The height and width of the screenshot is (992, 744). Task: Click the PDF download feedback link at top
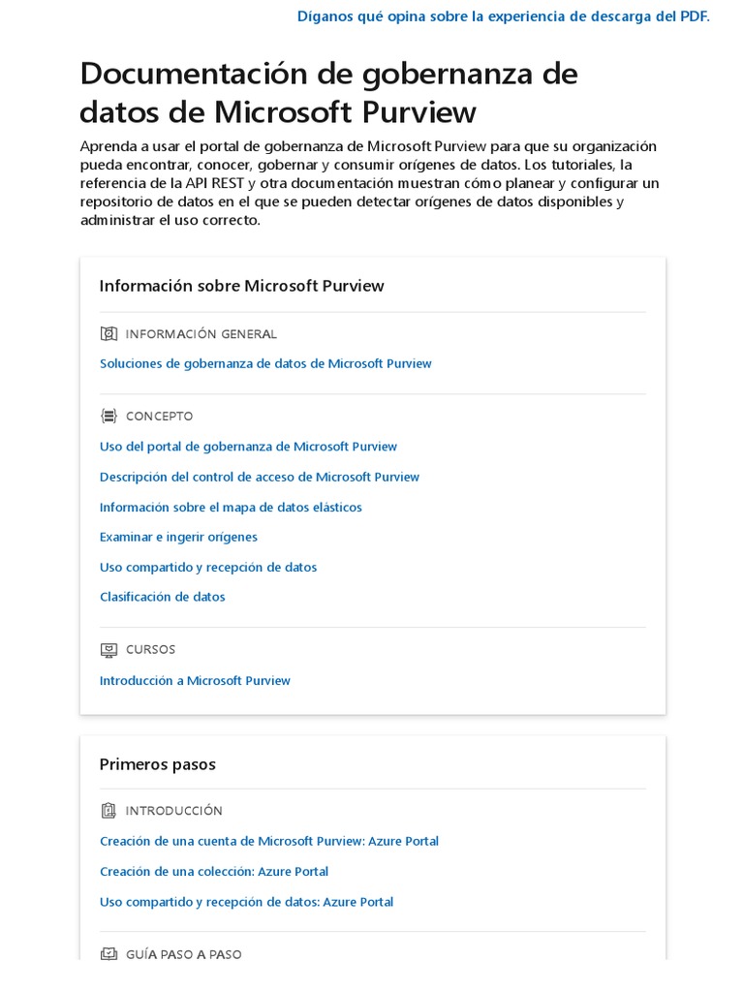(x=503, y=16)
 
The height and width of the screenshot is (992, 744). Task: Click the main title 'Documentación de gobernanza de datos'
(x=328, y=93)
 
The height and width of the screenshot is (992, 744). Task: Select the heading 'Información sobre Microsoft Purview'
(x=241, y=286)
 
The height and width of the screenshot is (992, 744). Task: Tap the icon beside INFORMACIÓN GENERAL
(x=108, y=334)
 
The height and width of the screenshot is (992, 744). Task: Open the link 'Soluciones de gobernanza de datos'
(x=265, y=363)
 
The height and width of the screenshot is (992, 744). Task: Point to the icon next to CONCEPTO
(x=108, y=417)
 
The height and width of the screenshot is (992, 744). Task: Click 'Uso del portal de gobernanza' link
(x=248, y=447)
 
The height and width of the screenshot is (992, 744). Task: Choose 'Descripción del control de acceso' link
(x=260, y=477)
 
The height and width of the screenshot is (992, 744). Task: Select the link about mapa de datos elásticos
(x=231, y=507)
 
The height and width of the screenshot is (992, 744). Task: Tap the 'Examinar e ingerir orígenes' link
(x=178, y=537)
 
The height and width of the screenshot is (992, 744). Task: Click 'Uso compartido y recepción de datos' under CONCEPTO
(x=208, y=567)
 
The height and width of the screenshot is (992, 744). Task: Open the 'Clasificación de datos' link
(x=162, y=597)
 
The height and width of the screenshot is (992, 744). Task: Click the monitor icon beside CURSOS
(x=108, y=650)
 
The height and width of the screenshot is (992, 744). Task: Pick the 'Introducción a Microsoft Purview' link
(x=195, y=680)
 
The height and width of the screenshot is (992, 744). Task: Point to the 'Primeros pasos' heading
(x=157, y=764)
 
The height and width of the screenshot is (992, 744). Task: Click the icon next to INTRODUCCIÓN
(x=108, y=811)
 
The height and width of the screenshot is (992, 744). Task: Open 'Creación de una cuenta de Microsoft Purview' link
(x=269, y=841)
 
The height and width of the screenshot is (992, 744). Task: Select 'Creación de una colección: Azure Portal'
(x=214, y=871)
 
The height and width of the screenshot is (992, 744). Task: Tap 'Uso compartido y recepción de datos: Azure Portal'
(x=246, y=902)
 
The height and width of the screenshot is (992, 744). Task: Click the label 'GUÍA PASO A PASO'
(x=183, y=954)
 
